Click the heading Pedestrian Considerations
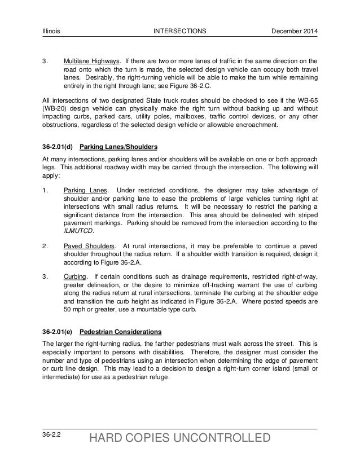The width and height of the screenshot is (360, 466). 121,331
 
